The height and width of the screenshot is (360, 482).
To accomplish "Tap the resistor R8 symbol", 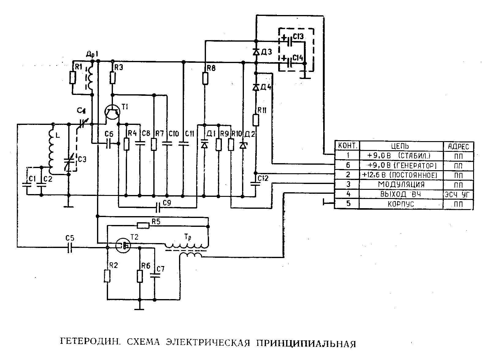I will [x=205, y=78].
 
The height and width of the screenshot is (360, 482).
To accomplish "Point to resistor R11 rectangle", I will [x=256, y=120].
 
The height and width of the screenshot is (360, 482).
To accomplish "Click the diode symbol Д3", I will [x=256, y=52].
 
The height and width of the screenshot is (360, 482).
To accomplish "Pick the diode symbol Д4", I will [x=256, y=88].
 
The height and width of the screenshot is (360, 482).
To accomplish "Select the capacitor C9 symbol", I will [x=158, y=208].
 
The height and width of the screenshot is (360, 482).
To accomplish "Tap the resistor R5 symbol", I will [x=143, y=226].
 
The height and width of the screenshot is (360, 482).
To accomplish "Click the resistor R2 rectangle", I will [x=107, y=276].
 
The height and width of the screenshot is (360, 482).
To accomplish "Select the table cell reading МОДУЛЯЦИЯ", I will [x=401, y=184].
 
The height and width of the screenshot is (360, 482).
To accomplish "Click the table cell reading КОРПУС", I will [x=401, y=204].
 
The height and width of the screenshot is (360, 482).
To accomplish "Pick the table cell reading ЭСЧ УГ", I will [x=458, y=194].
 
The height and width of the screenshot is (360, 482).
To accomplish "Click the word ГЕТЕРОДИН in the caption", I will [x=89, y=342].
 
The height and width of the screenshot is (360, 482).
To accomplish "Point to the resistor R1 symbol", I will [x=72, y=77].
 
